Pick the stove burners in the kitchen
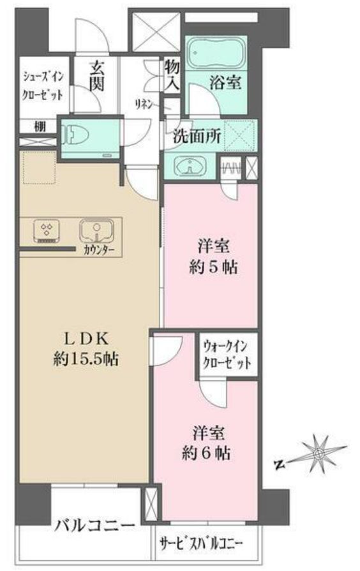click(x=47, y=232)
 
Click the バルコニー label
click(x=94, y=526)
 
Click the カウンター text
click(x=99, y=249)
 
